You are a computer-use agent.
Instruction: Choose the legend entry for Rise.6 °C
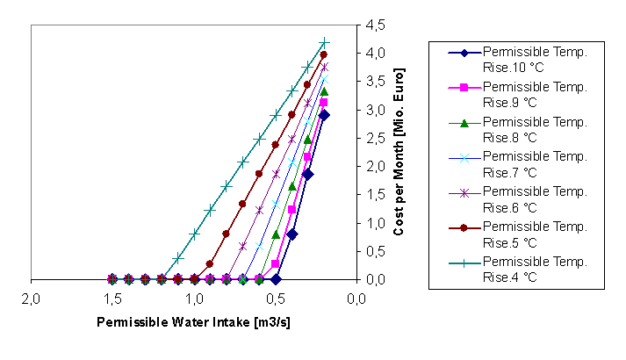[x=527, y=197]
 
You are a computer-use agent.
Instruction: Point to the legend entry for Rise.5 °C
[x=527, y=231]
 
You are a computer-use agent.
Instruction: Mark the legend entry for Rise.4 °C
[x=527, y=266]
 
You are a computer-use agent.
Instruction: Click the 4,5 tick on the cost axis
[x=374, y=25]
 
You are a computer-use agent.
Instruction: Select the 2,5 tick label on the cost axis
[x=374, y=139]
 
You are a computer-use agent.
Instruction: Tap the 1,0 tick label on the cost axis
[x=374, y=223]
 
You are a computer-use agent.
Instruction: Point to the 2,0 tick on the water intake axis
[x=32, y=299]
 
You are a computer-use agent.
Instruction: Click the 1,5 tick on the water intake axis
[x=112, y=299]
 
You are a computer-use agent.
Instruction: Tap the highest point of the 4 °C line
[x=324, y=42]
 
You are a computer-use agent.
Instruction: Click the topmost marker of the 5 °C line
[x=324, y=54]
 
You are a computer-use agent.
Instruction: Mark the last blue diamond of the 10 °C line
[x=324, y=115]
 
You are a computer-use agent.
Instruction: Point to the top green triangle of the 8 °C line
[x=324, y=91]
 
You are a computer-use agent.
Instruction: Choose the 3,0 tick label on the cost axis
[x=374, y=111]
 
